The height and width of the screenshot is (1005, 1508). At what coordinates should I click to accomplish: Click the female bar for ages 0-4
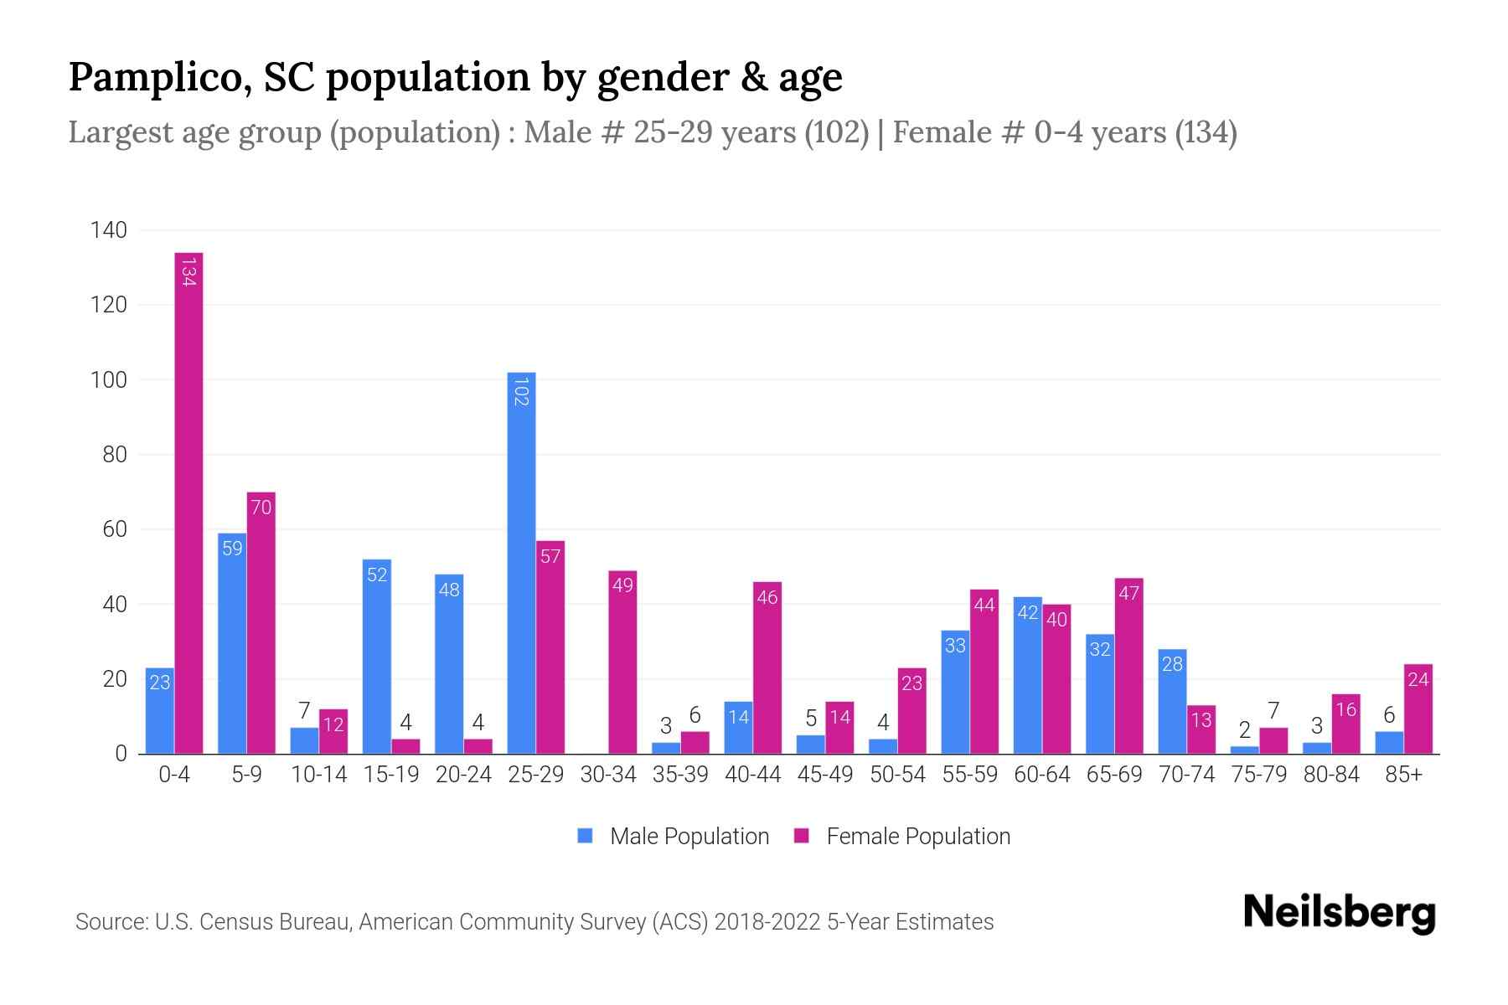(x=188, y=502)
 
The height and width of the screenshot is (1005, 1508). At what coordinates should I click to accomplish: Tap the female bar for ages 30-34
(x=622, y=662)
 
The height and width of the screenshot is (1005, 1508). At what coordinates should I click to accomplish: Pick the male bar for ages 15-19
(x=377, y=657)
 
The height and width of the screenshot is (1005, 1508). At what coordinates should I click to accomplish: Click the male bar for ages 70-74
(x=1172, y=701)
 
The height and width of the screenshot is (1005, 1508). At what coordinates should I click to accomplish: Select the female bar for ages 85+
(x=1418, y=709)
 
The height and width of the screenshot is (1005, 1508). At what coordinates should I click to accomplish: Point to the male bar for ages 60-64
(x=1027, y=675)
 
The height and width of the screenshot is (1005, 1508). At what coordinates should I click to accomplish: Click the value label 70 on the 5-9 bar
(x=261, y=508)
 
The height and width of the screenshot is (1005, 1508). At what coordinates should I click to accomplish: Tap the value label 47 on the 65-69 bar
(x=1128, y=593)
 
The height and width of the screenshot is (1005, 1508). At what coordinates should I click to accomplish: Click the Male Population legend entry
(x=674, y=837)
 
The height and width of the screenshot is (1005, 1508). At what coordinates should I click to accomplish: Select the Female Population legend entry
(x=902, y=837)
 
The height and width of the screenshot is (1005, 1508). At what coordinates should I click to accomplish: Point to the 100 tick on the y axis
(x=109, y=380)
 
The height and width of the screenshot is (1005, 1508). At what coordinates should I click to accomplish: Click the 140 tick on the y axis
(x=109, y=230)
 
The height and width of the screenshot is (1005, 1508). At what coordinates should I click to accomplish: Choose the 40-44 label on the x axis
(x=752, y=775)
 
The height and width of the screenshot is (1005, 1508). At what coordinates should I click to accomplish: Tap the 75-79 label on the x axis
(x=1258, y=775)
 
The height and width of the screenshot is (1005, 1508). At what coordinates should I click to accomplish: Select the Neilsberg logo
(x=1339, y=913)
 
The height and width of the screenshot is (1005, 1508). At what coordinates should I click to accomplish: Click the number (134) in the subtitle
(x=1206, y=132)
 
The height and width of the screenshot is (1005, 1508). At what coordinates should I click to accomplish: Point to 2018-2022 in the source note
(x=767, y=922)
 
